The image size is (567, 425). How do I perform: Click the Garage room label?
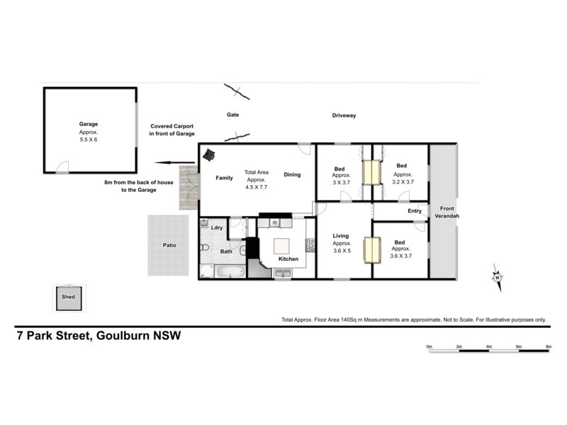(x=89, y=125)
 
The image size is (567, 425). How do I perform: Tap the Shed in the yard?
(x=69, y=297)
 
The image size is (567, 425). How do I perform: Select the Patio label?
(x=169, y=246)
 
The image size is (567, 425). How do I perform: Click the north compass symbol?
(x=498, y=278)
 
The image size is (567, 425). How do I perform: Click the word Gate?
(x=232, y=115)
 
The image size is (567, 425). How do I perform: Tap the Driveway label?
(x=344, y=115)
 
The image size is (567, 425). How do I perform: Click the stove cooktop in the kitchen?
(x=310, y=245)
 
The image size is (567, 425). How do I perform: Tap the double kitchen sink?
(x=282, y=273)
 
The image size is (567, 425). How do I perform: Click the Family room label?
(x=225, y=178)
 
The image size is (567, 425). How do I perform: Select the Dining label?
(x=292, y=174)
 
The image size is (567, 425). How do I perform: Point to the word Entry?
(x=415, y=210)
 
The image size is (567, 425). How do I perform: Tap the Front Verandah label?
(x=447, y=212)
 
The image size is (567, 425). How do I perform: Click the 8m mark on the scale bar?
(x=548, y=346)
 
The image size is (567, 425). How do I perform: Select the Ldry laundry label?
(x=218, y=227)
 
